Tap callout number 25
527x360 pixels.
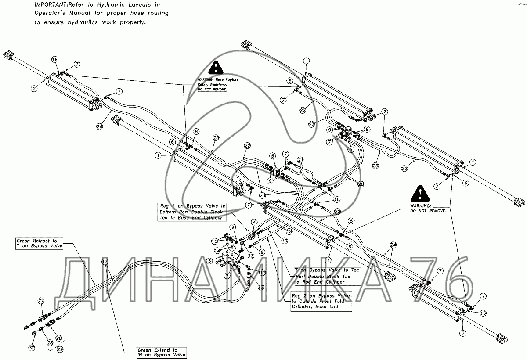(216, 138)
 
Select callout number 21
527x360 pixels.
(300, 159)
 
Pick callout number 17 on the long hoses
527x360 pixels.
(105, 262)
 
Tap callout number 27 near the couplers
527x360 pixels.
(41, 301)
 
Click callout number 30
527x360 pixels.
(32, 348)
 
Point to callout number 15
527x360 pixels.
(214, 241)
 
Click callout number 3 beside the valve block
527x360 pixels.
(210, 261)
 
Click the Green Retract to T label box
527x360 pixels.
(39, 243)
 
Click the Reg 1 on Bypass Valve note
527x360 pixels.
(192, 211)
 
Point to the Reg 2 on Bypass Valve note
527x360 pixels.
(321, 302)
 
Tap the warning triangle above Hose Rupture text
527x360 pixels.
(215, 68)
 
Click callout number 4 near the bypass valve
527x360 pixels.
(254, 223)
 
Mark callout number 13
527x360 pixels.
(251, 256)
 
